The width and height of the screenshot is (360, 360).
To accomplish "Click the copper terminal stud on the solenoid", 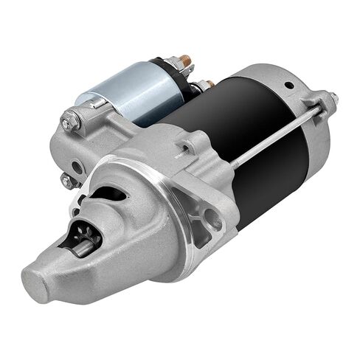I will coord(184,60).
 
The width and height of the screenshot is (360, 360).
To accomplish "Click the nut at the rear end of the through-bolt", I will coord(330,98).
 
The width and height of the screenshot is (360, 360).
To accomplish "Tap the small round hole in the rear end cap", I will coord(289,85).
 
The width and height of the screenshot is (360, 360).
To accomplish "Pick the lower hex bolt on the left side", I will coord(67,180).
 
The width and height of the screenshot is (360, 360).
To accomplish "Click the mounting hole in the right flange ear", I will coord(215,218).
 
